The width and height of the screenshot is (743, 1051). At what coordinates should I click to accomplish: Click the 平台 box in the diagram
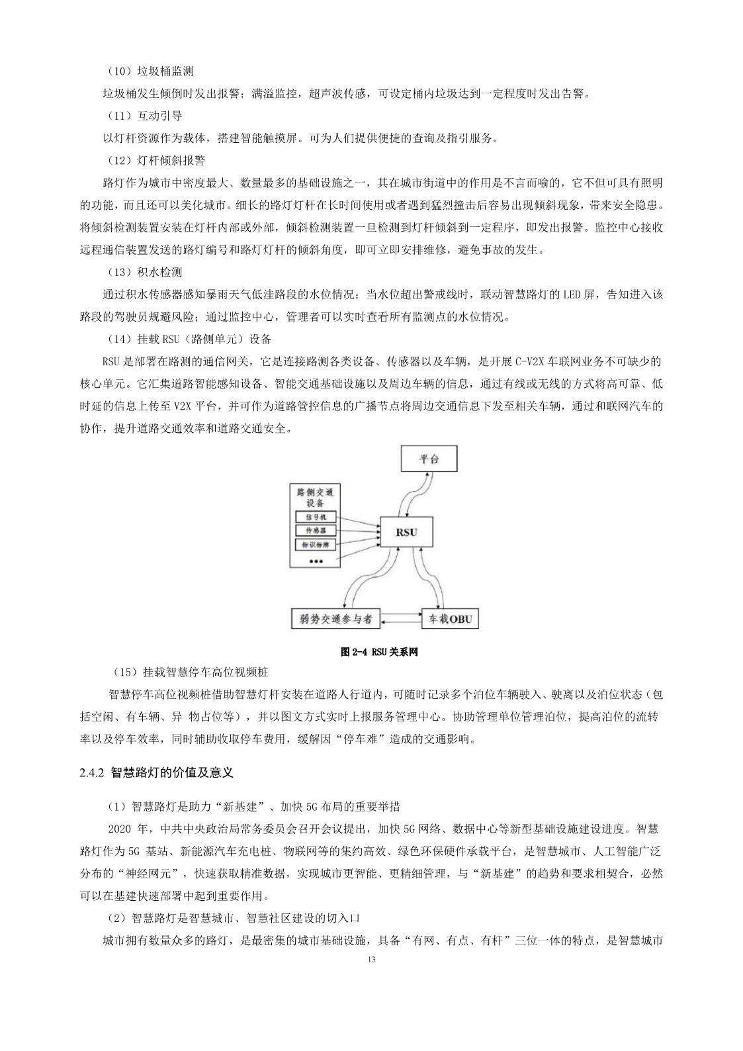pyautogui.click(x=429, y=458)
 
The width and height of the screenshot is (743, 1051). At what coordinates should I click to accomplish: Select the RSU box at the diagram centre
pyautogui.click(x=406, y=532)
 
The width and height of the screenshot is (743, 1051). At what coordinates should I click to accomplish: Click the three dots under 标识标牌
pyautogui.click(x=315, y=561)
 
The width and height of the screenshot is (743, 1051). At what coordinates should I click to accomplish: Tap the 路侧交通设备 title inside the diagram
pyautogui.click(x=315, y=498)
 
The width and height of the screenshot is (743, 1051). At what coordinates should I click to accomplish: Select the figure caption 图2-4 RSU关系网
pyautogui.click(x=379, y=652)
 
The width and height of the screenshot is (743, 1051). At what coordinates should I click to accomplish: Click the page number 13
pyautogui.click(x=371, y=960)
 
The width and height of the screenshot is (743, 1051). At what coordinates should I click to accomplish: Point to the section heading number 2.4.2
pyautogui.click(x=89, y=772)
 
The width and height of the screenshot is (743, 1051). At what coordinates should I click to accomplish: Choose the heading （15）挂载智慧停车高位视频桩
pyautogui.click(x=191, y=672)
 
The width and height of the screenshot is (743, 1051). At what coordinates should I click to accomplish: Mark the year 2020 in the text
pyautogui.click(x=120, y=829)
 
